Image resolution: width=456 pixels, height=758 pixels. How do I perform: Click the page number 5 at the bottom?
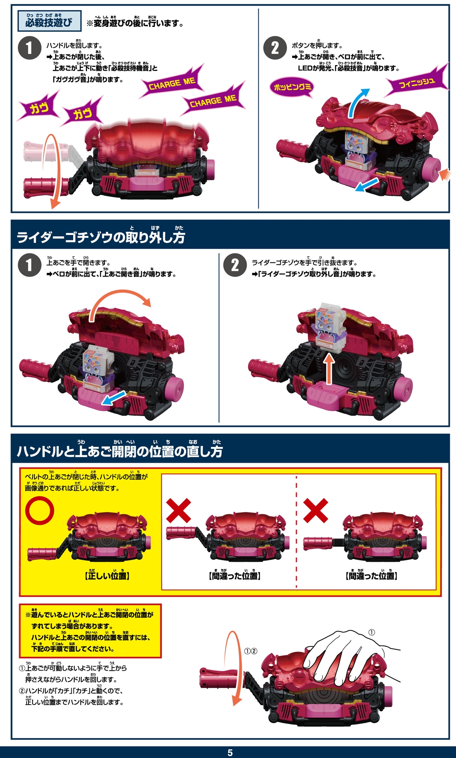[x=230, y=752]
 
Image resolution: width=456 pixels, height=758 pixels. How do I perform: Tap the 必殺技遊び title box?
[x=50, y=21]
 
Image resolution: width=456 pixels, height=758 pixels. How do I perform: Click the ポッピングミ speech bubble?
[x=292, y=87]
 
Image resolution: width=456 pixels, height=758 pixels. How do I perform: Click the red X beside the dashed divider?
[x=316, y=510]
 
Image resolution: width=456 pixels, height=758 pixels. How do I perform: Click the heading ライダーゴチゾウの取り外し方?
[x=101, y=237]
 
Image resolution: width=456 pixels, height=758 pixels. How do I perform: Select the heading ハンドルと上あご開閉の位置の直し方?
[x=120, y=451]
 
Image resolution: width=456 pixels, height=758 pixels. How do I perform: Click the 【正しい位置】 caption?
[x=107, y=576]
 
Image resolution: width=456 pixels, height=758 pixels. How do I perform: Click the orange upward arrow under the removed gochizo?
[x=329, y=369]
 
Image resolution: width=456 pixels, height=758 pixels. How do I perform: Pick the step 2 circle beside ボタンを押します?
[x=275, y=48]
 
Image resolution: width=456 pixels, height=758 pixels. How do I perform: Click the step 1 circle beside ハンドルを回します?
[x=30, y=48]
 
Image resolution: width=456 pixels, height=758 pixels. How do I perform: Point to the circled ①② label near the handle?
[x=250, y=651]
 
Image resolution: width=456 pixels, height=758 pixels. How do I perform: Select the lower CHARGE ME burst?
[x=213, y=102]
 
